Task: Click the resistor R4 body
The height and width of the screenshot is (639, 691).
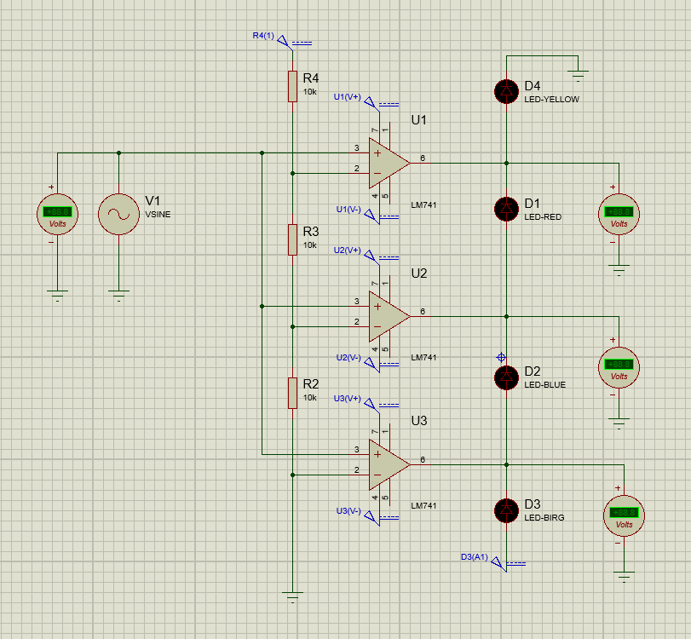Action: [292, 86]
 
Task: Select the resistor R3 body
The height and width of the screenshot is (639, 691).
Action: [292, 239]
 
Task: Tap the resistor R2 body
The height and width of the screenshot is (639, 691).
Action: [292, 393]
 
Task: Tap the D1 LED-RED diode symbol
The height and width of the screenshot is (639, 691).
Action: [507, 208]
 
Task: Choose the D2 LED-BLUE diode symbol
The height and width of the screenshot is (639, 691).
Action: [507, 376]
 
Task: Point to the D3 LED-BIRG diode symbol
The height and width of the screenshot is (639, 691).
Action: [507, 509]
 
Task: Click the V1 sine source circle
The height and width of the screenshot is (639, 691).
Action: [119, 213]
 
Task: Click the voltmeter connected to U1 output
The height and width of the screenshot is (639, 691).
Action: [618, 213]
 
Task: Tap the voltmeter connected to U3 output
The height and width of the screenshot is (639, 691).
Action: [624, 515]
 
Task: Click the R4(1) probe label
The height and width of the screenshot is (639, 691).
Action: [263, 36]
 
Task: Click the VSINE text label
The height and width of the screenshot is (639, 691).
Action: [158, 215]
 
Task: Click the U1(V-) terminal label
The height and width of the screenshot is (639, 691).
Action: [348, 209]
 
